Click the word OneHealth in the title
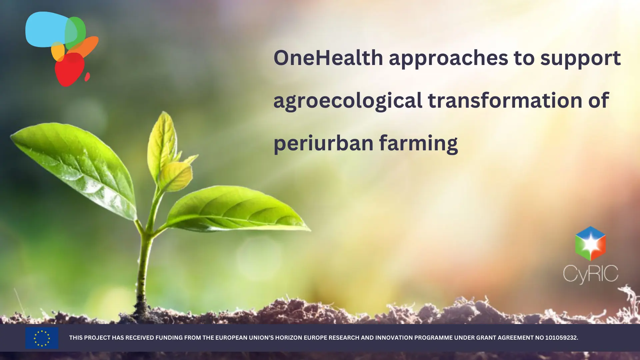pos(328,58)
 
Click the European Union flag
pos(42,338)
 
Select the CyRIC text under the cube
pos(591,274)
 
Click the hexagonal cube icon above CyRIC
pos(590,244)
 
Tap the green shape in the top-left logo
pos(75,33)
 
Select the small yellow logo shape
pos(58,51)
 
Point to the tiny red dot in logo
pos(87,77)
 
